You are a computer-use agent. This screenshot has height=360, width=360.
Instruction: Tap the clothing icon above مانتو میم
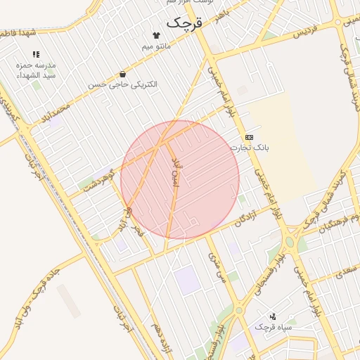(x=156, y=34)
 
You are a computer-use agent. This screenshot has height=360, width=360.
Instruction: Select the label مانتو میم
(x=156, y=46)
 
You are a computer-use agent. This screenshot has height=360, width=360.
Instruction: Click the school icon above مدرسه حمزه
(x=36, y=54)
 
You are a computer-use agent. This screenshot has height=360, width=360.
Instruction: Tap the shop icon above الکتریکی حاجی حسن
(x=123, y=74)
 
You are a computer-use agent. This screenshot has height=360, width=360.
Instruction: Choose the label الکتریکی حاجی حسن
(x=123, y=84)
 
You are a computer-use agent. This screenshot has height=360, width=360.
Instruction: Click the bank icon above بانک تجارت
(x=249, y=137)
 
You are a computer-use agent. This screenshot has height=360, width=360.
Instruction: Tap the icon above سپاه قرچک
(x=273, y=316)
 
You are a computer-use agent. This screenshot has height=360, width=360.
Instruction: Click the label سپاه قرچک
(x=273, y=327)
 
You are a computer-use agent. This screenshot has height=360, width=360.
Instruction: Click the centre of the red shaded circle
(x=180, y=180)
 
